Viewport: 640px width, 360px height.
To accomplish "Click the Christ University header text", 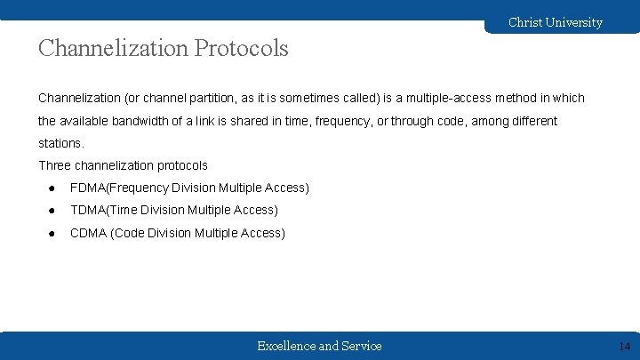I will [555, 22].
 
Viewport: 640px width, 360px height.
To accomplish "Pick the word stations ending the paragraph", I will [60, 143].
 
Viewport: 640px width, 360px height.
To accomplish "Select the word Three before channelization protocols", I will [54, 165].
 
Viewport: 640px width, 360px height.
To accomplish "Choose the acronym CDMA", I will [88, 233].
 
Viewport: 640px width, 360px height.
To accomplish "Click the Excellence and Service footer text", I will [319, 346].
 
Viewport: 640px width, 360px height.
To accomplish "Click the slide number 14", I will [624, 346].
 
